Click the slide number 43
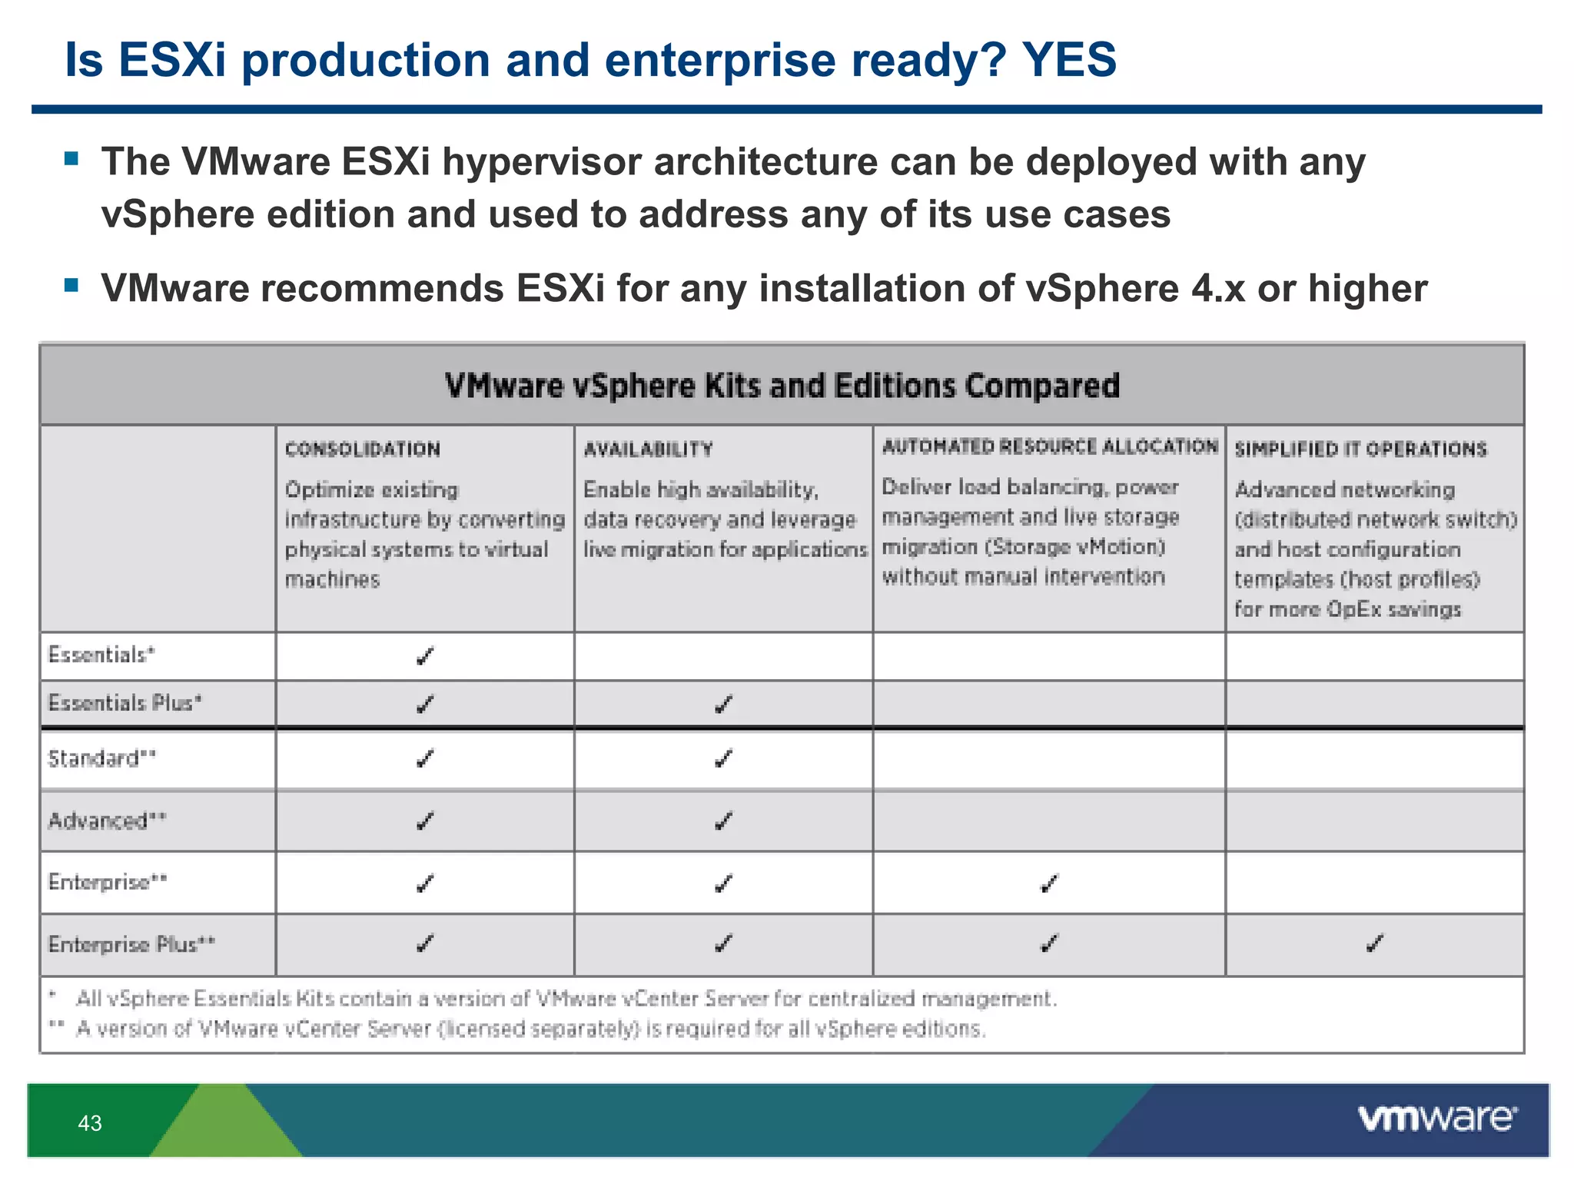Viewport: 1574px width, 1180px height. point(90,1123)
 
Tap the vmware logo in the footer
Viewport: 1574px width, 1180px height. point(1437,1119)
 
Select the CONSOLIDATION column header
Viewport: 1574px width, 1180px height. point(363,449)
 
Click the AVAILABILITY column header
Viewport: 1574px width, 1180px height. point(648,449)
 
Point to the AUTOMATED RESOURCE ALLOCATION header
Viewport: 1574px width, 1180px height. point(1050,446)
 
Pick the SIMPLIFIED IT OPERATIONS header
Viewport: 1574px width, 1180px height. point(1360,449)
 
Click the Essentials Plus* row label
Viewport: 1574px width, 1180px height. point(125,703)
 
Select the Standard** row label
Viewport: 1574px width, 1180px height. point(101,759)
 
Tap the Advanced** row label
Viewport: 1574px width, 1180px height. point(107,821)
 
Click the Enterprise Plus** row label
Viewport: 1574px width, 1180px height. point(131,944)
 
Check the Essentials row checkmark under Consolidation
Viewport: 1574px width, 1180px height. point(425,656)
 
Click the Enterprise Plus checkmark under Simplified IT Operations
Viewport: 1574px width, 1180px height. point(1375,943)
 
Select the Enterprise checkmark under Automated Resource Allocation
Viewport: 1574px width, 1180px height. point(1049,883)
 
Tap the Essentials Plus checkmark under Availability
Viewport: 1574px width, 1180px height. point(723,704)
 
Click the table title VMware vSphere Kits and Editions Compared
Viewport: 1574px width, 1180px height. point(782,386)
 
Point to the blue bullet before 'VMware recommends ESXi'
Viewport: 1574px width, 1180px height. point(72,286)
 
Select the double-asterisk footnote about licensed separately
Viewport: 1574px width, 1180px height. point(530,1029)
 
